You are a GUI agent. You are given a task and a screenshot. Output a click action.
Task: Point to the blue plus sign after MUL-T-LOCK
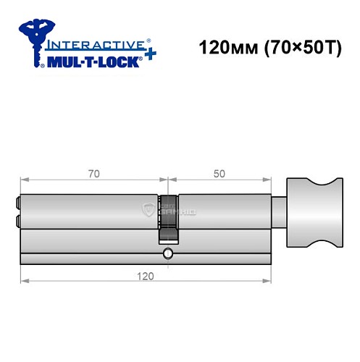pos(148,56)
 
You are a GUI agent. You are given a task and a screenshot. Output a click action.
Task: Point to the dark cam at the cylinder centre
pos(168,217)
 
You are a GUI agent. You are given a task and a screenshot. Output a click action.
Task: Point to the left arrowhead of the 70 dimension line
pos(24,179)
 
